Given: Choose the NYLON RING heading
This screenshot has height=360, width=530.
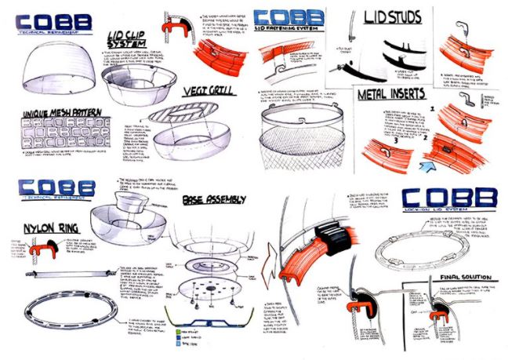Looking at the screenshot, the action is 37,228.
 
